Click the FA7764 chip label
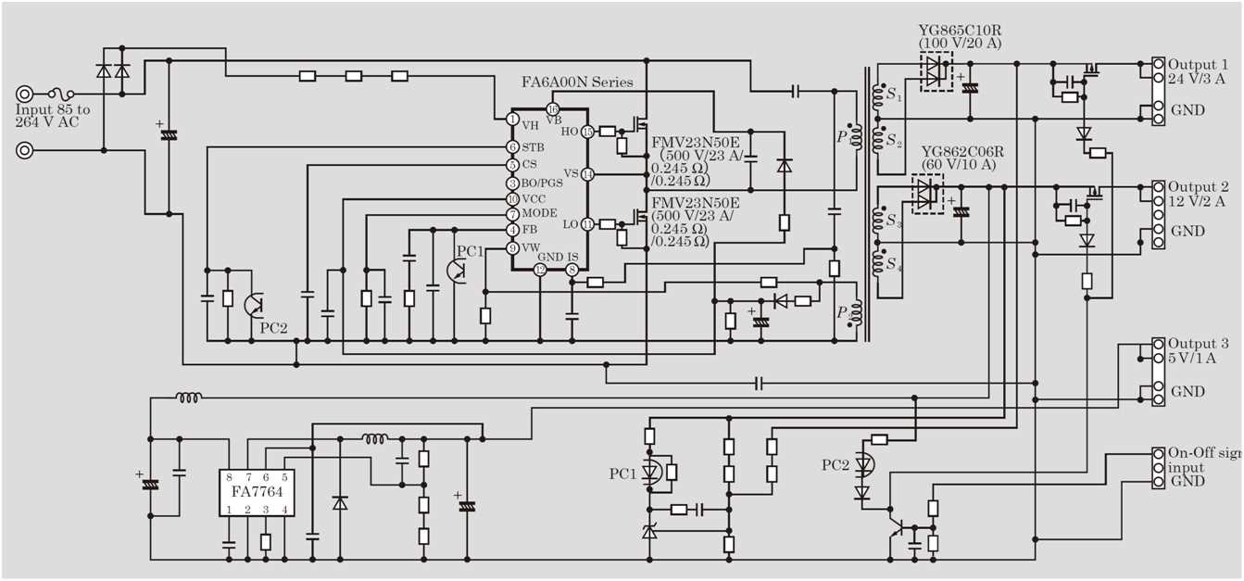(x=258, y=491)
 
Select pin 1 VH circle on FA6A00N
(x=512, y=119)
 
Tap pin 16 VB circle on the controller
(x=553, y=109)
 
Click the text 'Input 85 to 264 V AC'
(x=53, y=116)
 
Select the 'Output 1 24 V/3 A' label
(x=1197, y=72)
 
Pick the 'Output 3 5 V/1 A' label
(x=1197, y=350)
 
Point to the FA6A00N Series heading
(x=577, y=82)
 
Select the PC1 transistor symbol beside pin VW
(x=457, y=269)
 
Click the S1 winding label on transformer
(x=893, y=95)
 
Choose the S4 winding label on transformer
(x=893, y=266)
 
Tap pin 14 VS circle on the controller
(x=587, y=174)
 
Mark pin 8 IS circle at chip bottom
(x=572, y=270)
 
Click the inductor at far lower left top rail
(x=189, y=398)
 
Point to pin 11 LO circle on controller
(x=587, y=223)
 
